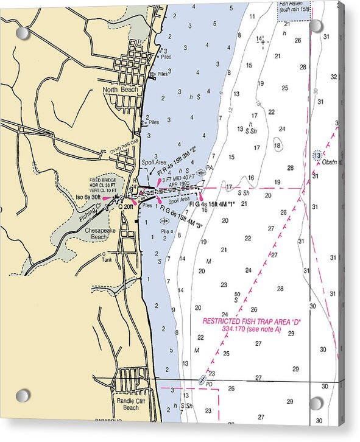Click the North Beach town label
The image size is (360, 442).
tap(121, 90)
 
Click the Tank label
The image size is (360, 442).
tap(107, 259)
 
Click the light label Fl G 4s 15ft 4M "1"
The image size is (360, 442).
tap(212, 204)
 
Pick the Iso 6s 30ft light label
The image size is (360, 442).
tap(88, 198)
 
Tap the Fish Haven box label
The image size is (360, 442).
tap(294, 7)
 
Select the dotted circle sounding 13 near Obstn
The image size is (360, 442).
tap(317, 155)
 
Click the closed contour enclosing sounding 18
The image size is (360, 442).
tap(278, 146)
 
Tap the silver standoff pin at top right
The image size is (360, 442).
tap(316, 26)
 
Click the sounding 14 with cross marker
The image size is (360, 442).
tap(261, 40)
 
